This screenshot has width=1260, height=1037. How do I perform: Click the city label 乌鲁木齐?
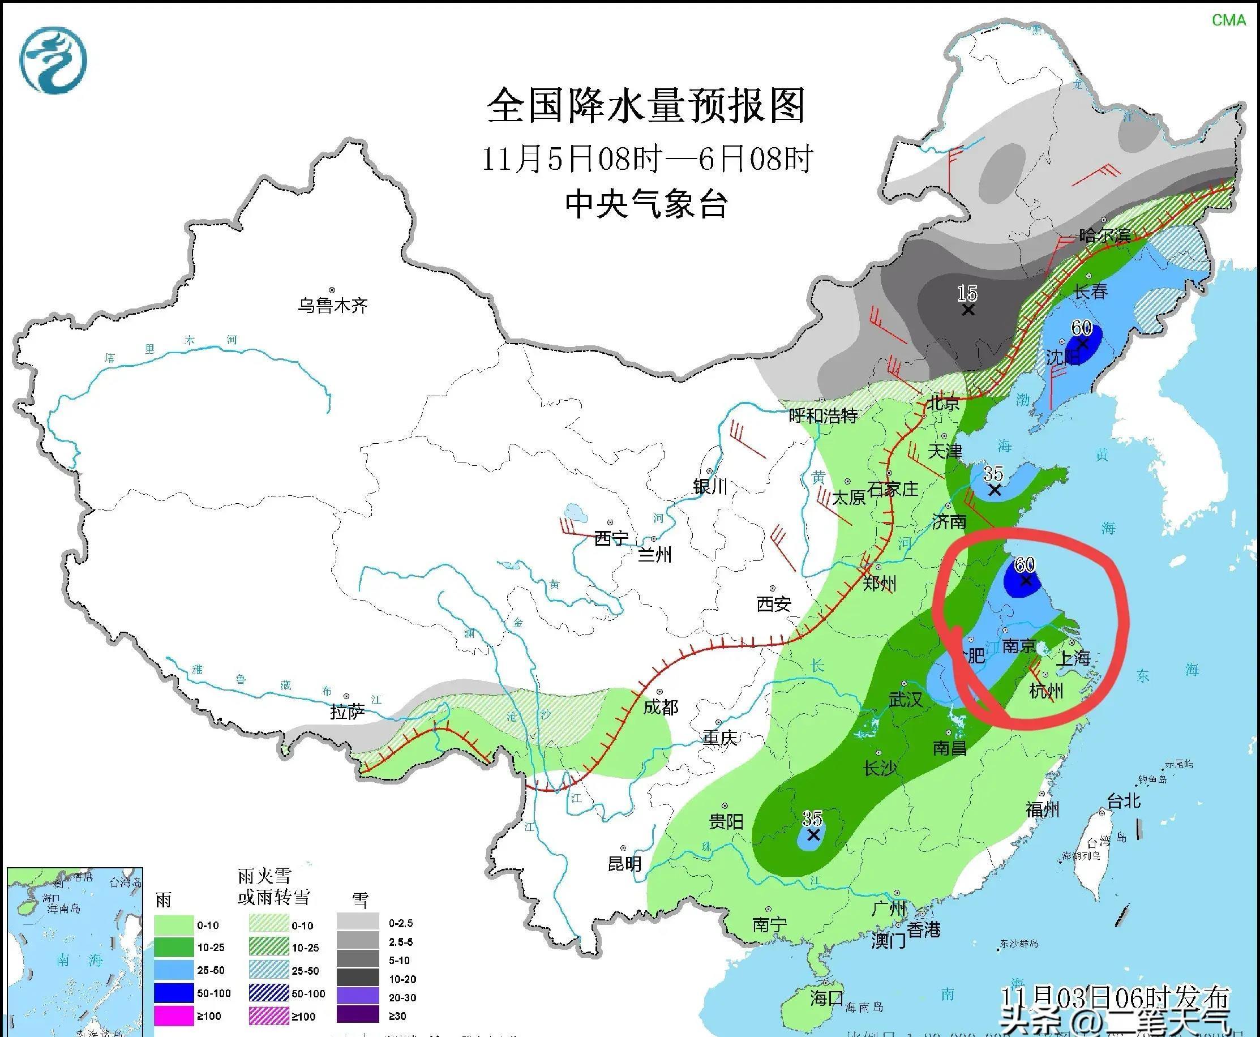[x=333, y=306]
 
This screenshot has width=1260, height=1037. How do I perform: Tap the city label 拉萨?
[x=347, y=712]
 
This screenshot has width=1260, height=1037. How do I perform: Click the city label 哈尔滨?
[x=1105, y=235]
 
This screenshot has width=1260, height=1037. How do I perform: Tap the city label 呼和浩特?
[x=822, y=415]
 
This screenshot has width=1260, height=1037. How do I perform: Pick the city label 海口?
[x=827, y=996]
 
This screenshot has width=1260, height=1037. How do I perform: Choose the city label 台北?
[x=1124, y=800]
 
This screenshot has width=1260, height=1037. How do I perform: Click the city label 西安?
[x=774, y=604]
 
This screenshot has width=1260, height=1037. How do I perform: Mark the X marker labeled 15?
[x=968, y=310]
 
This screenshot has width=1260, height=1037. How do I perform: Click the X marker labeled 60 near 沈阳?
[x=1082, y=344]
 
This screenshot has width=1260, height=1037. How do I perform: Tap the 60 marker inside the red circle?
[x=1026, y=580]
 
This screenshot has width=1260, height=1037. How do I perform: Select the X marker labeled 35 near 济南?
[x=994, y=490]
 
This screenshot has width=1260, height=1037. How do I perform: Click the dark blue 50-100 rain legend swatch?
[x=174, y=993]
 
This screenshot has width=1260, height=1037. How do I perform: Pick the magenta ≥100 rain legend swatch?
[x=174, y=1015]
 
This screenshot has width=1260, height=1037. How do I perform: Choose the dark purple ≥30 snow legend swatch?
[x=357, y=1015]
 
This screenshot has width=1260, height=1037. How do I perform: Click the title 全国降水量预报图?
[x=646, y=106]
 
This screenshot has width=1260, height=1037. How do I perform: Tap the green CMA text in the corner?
[x=1228, y=20]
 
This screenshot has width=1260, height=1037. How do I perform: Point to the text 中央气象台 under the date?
[x=646, y=204]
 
